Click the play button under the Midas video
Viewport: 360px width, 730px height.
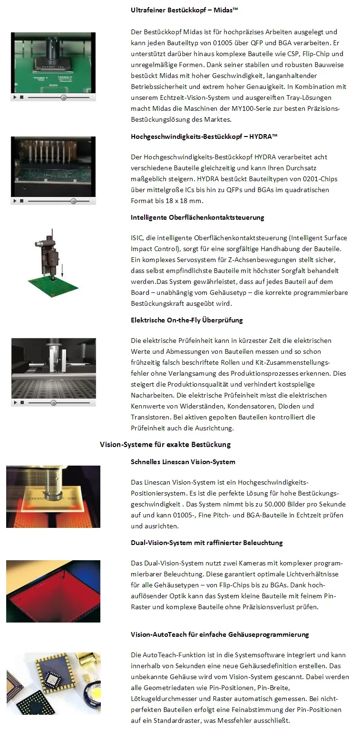(15, 97)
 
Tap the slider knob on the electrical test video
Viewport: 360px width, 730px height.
(54, 403)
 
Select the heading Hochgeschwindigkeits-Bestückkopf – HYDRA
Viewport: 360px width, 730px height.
(204, 136)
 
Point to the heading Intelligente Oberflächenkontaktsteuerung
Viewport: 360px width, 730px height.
(197, 217)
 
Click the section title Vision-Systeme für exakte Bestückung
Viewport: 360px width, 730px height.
(165, 444)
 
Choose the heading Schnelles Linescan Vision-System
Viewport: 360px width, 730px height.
(183, 462)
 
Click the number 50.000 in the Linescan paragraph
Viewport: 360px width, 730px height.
(271, 504)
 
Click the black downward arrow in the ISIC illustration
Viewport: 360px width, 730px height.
(62, 270)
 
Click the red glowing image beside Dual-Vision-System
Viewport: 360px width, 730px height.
(53, 591)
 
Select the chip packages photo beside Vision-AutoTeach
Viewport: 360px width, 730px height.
(53, 683)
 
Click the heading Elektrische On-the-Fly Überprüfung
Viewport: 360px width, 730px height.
(186, 320)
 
